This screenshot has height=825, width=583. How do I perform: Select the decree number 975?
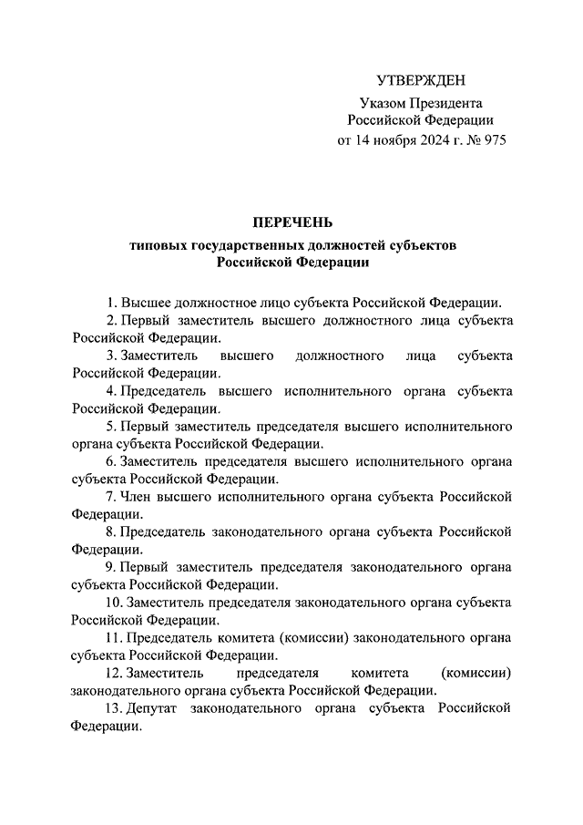[492, 141]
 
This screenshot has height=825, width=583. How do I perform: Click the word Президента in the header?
[443, 103]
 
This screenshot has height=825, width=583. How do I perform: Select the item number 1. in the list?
[111, 303]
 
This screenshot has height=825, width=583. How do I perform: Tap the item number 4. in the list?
[111, 391]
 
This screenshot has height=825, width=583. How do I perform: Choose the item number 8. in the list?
[111, 531]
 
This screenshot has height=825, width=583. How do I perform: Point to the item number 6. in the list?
[111, 461]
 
